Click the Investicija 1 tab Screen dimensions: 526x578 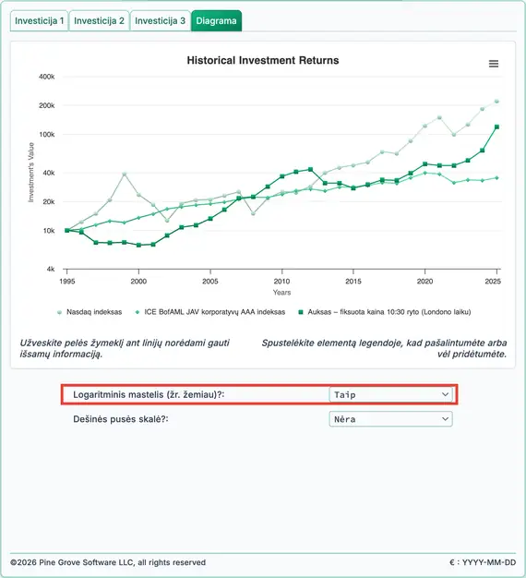pyautogui.click(x=39, y=20)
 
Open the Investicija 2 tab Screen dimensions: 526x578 pyautogui.click(x=99, y=20)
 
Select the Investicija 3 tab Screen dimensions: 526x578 pyautogui.click(x=161, y=20)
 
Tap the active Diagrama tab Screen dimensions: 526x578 pyautogui.click(x=216, y=20)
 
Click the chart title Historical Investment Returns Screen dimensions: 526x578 pyautogui.click(x=263, y=60)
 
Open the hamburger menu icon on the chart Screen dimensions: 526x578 pyautogui.click(x=494, y=64)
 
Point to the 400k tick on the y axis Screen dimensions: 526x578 pyautogui.click(x=47, y=77)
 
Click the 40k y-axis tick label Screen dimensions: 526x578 pyautogui.click(x=49, y=173)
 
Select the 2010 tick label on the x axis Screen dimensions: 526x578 pyautogui.click(x=281, y=282)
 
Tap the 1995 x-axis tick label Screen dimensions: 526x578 pyautogui.click(x=67, y=282)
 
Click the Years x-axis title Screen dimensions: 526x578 pyautogui.click(x=281, y=293)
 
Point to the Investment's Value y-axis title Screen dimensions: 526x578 pyautogui.click(x=31, y=172)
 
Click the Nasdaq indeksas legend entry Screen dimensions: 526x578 pyautogui.click(x=90, y=312)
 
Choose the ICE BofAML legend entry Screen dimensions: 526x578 pyautogui.click(x=210, y=312)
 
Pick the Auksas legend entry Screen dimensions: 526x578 pyautogui.click(x=385, y=312)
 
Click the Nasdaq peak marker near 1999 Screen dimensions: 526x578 pyautogui.click(x=125, y=174)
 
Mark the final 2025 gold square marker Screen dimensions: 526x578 pyautogui.click(x=496, y=126)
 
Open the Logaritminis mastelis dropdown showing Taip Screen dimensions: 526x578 pyautogui.click(x=391, y=394)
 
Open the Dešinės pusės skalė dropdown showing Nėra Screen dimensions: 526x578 pyautogui.click(x=391, y=419)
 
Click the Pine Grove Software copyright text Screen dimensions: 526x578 pyautogui.click(x=108, y=562)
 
